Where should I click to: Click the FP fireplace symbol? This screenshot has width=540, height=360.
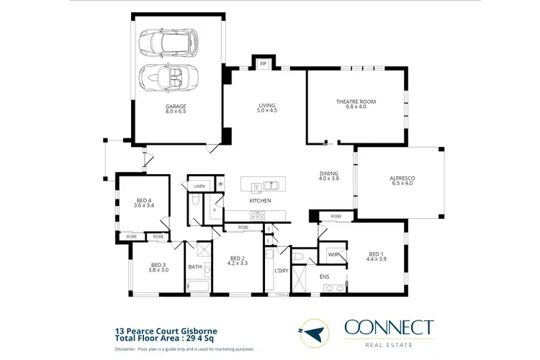(263, 64)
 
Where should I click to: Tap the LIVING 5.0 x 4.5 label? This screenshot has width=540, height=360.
(268, 109)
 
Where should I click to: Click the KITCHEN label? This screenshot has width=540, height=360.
(260, 200)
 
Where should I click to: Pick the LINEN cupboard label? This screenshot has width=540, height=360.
(199, 186)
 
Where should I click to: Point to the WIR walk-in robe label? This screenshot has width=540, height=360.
(333, 255)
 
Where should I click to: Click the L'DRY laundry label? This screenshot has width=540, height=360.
(282, 270)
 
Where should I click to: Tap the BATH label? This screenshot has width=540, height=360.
(195, 267)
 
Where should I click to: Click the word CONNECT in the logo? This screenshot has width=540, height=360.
(389, 327)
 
